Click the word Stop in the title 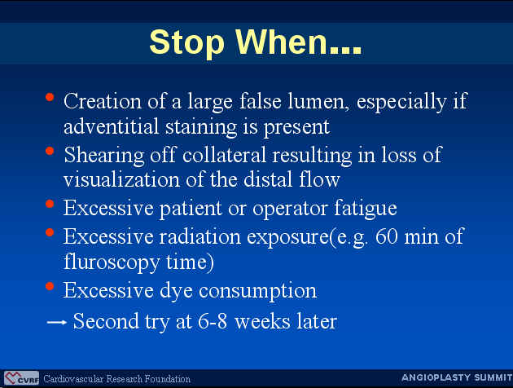[x=186, y=43]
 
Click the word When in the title [x=282, y=42]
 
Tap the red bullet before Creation [x=50, y=97]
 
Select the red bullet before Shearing [x=50, y=151]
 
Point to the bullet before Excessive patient [x=50, y=205]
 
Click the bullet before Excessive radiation [x=50, y=232]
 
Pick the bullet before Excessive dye [x=50, y=286]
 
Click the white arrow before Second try [x=57, y=322]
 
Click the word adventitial [x=111, y=126]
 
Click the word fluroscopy [x=112, y=263]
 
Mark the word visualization [x=122, y=180]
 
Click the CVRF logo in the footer [x=22, y=378]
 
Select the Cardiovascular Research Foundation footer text [x=116, y=379]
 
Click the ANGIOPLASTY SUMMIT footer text [x=457, y=377]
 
